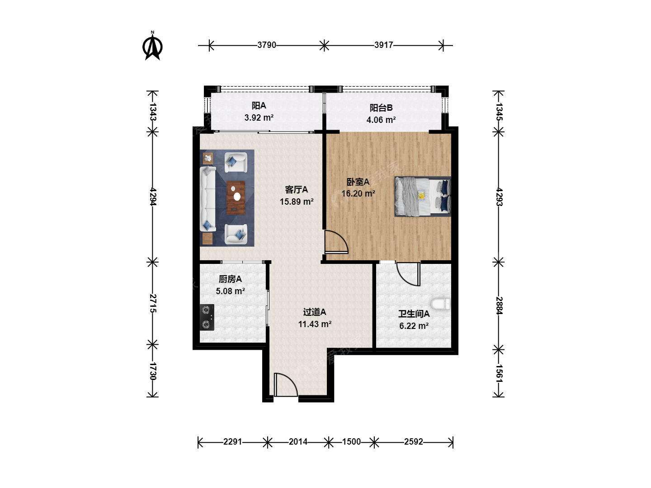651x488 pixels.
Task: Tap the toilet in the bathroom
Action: point(441,304)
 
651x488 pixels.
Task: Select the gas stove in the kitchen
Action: point(207,317)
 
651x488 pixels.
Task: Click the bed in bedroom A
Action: point(423,197)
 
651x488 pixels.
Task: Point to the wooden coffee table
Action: point(236,197)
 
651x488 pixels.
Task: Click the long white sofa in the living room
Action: point(208,199)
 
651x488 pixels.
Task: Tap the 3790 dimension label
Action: point(267,45)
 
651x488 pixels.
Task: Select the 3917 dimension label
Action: point(383,45)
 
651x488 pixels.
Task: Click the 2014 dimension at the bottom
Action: point(298,442)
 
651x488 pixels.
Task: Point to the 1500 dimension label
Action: point(351,442)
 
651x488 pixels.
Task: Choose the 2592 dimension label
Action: point(414,442)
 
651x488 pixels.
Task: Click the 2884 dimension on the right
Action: point(499,305)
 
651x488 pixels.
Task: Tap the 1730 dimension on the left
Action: point(152,371)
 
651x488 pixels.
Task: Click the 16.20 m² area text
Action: point(358,193)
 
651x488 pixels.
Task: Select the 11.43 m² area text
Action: point(315,324)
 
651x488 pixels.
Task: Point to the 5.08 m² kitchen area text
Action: point(231,291)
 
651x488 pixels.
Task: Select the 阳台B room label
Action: point(381,108)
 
